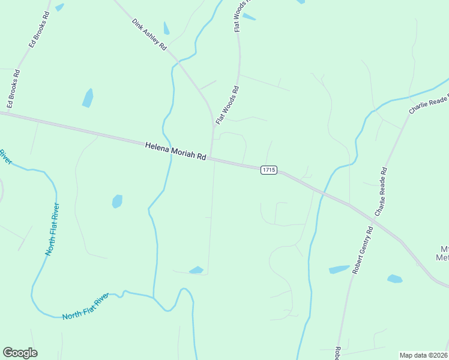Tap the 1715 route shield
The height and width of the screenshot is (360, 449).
(x=268, y=170)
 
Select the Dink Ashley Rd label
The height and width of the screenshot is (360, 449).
(x=149, y=34)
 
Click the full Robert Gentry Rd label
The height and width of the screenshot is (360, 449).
(x=363, y=250)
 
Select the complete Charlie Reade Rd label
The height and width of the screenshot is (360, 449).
(x=382, y=192)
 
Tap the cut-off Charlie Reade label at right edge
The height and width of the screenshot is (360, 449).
(x=429, y=99)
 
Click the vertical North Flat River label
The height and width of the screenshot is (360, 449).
(x=52, y=230)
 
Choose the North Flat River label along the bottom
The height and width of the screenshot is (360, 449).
(x=86, y=307)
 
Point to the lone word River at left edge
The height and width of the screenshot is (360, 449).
(x=5, y=157)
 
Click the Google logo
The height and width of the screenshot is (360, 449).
(x=20, y=353)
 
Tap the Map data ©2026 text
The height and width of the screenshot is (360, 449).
(x=423, y=355)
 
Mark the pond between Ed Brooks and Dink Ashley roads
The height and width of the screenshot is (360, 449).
(x=88, y=98)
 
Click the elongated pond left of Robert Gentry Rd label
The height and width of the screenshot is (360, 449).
(x=339, y=269)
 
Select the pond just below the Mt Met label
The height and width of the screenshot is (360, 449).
(x=394, y=278)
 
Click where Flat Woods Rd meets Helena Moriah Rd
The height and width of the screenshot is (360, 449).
(x=211, y=159)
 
